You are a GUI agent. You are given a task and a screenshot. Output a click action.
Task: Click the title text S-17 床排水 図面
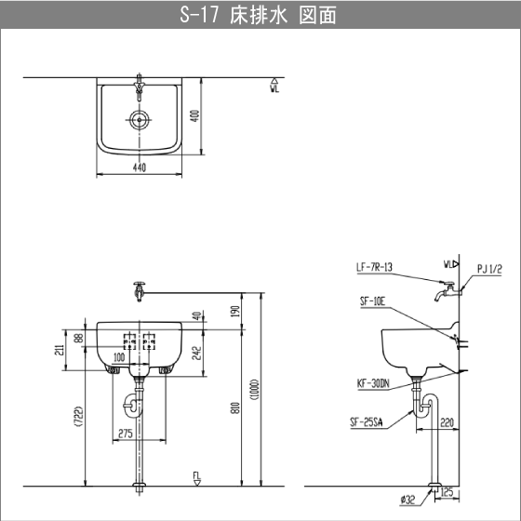260,16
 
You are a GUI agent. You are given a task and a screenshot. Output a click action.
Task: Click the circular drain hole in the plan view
140,118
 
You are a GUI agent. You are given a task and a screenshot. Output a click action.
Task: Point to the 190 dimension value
238,309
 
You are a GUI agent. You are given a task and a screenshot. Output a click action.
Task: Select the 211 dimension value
59,350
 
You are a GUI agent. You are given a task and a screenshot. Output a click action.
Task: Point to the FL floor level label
196,477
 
